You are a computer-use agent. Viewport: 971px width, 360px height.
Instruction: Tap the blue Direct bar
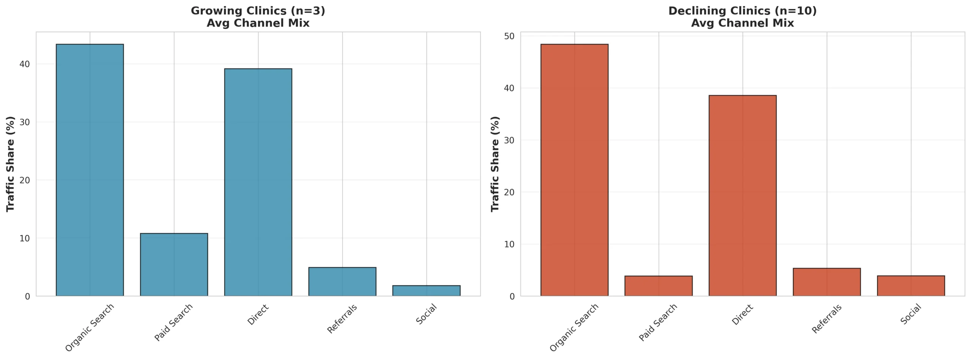258,182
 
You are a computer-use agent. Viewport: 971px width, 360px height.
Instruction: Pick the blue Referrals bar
342,281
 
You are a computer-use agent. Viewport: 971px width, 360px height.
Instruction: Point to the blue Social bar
426,291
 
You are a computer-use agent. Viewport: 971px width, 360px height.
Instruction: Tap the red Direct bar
743,195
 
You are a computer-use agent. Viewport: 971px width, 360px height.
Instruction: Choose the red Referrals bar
827,282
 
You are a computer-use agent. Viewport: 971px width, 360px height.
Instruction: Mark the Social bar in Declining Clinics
911,286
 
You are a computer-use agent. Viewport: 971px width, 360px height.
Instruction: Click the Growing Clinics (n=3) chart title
258,17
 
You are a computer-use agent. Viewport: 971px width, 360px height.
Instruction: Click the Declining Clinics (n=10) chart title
742,17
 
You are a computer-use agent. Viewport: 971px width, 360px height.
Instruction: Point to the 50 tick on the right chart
509,36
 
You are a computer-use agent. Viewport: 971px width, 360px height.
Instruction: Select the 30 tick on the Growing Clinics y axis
25,122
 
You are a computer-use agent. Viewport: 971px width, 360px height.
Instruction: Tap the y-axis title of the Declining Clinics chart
495,164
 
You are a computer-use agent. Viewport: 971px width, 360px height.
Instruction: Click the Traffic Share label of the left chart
10,164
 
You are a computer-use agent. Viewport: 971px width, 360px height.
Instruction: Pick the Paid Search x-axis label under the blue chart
173,322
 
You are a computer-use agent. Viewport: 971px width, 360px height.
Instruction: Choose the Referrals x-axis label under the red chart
826,319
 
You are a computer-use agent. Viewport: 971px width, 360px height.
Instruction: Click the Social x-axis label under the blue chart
426,314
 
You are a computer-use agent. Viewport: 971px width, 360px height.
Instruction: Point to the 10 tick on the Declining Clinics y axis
509,244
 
